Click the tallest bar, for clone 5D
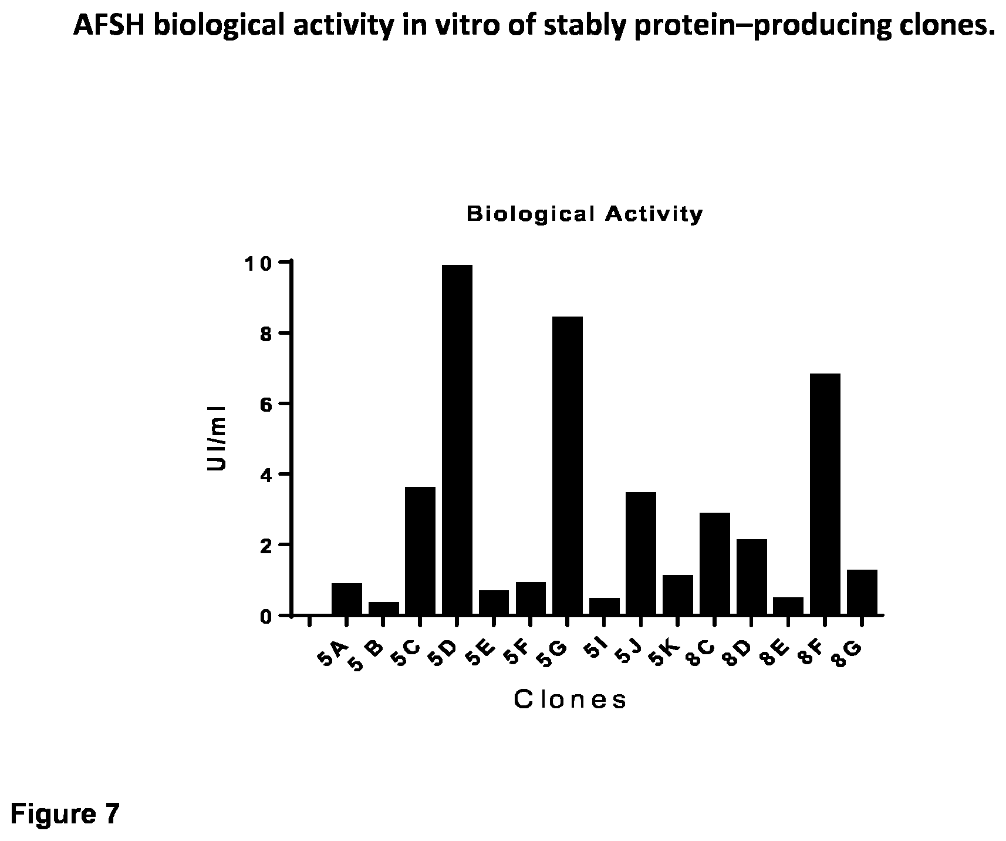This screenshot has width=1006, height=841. tap(457, 440)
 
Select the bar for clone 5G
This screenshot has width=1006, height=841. tap(568, 466)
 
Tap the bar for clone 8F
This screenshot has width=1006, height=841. tap(825, 494)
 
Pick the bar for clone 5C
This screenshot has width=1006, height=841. tap(420, 551)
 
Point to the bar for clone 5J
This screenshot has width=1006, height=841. tap(641, 553)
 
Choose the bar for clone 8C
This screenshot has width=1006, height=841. tap(715, 564)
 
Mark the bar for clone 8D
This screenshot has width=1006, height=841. tap(752, 577)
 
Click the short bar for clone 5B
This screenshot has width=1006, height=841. tap(384, 608)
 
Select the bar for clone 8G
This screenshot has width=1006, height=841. tap(862, 592)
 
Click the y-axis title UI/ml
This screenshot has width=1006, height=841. tap(217, 438)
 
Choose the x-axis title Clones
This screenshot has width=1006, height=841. tap(570, 699)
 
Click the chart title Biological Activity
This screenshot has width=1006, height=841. tap(585, 214)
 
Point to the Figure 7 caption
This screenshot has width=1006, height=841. tap(65, 814)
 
